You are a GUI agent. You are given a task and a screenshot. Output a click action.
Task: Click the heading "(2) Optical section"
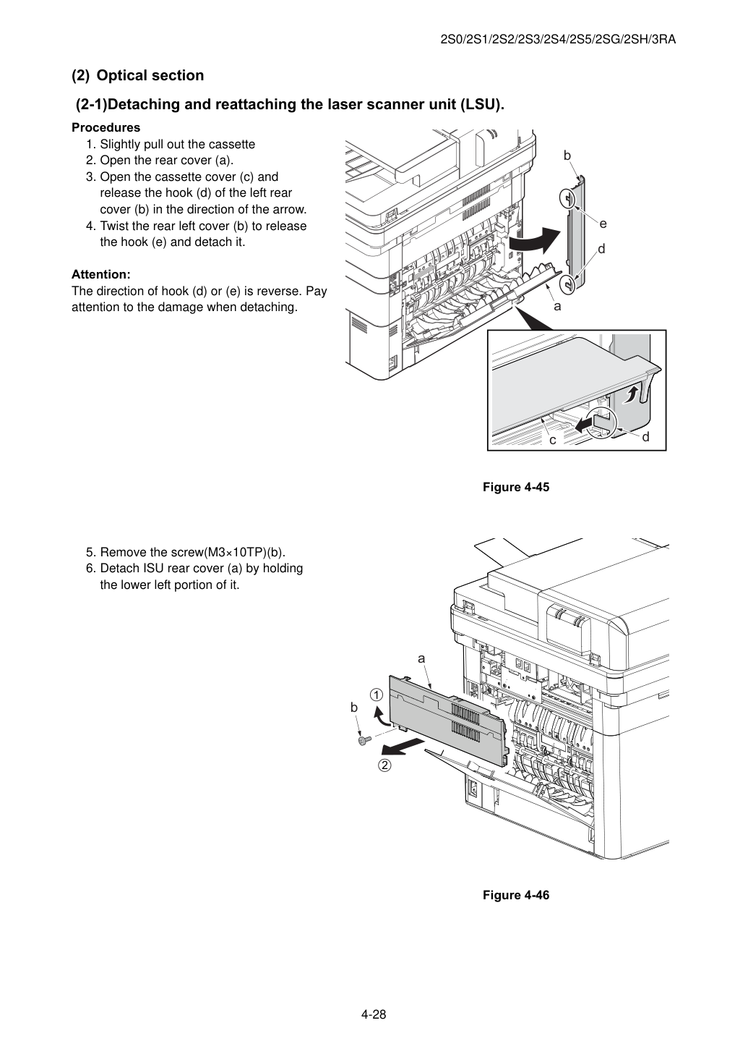pyautogui.click(x=137, y=75)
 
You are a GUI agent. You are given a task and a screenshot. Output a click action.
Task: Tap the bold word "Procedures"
pyautogui.click(x=106, y=127)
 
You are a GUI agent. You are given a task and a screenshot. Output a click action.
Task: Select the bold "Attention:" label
pyautogui.click(x=101, y=274)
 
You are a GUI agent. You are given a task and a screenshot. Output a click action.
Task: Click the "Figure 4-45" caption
pyautogui.click(x=515, y=487)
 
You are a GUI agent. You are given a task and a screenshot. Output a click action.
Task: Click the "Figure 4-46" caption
pyautogui.click(x=515, y=895)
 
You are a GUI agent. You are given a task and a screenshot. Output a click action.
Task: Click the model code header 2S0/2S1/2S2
pyautogui.click(x=558, y=40)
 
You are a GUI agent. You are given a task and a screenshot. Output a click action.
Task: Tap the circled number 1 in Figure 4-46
pyautogui.click(x=376, y=695)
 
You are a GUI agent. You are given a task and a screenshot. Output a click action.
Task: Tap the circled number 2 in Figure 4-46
pyautogui.click(x=385, y=765)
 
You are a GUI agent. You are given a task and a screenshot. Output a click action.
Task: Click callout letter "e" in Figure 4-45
pyautogui.click(x=603, y=224)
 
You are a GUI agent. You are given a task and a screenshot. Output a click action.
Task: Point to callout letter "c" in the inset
pyautogui.click(x=553, y=441)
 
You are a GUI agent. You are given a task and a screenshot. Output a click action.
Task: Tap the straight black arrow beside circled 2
pyautogui.click(x=400, y=747)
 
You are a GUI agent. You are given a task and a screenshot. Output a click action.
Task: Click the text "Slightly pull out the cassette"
pyautogui.click(x=178, y=145)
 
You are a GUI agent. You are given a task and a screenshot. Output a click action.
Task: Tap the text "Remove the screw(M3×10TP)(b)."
pyautogui.click(x=193, y=552)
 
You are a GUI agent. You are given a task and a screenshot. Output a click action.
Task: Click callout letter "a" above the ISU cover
pyautogui.click(x=421, y=658)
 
